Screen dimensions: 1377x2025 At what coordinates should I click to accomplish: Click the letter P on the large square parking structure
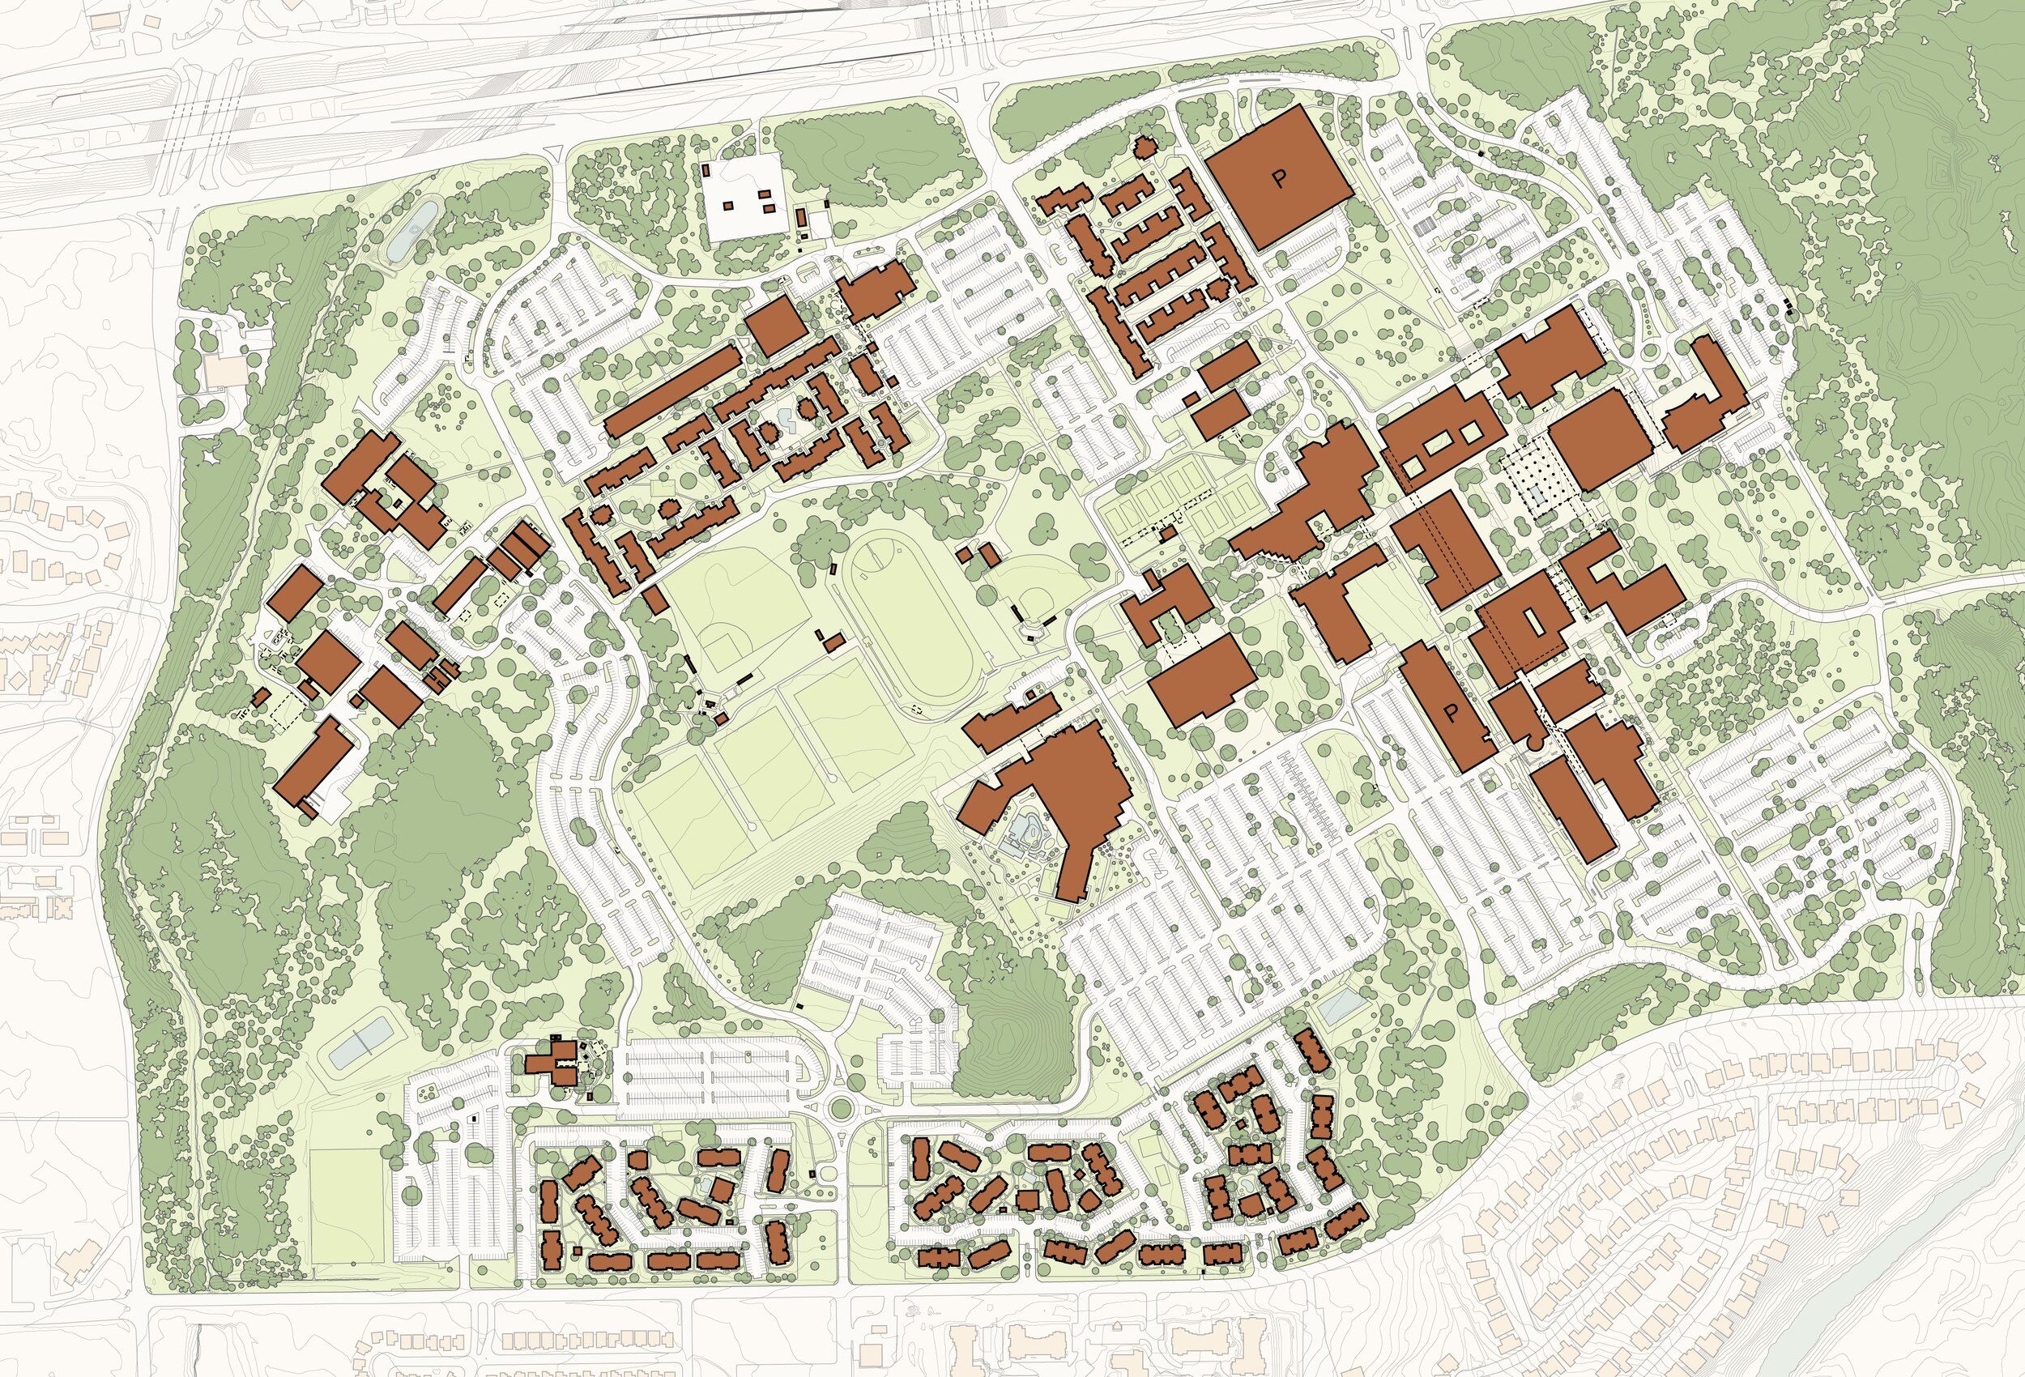pos(1279,180)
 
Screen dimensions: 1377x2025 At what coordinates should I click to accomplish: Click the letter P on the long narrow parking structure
pos(1451,713)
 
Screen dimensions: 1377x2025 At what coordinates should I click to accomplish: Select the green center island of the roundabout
pos(841,1110)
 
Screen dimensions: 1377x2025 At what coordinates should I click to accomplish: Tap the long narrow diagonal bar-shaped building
pos(671,391)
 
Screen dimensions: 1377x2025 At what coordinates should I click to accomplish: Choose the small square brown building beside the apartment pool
pos(1028,1201)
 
